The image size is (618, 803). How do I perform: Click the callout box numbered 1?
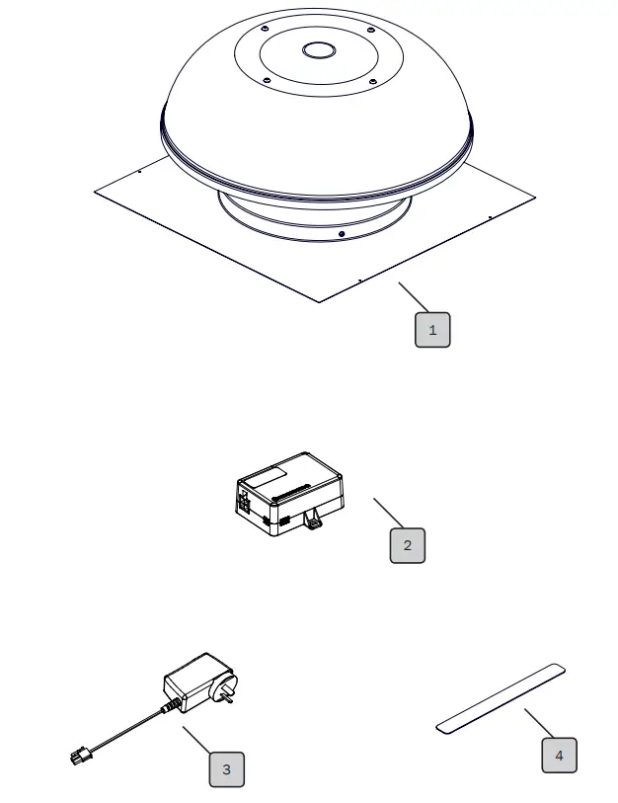click(431, 330)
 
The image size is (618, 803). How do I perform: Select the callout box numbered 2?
click(407, 545)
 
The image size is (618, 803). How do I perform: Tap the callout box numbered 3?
click(226, 769)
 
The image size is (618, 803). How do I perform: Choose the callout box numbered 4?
click(559, 756)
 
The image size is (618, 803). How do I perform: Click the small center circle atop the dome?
click(319, 50)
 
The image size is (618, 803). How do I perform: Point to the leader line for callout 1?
click(415, 297)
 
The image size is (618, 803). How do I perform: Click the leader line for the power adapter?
click(198, 742)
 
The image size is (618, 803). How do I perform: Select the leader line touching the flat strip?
click(541, 723)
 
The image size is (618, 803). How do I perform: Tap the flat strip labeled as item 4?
click(501, 699)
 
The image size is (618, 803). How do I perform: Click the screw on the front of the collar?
click(341, 234)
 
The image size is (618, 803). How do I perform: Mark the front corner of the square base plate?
click(318, 301)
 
